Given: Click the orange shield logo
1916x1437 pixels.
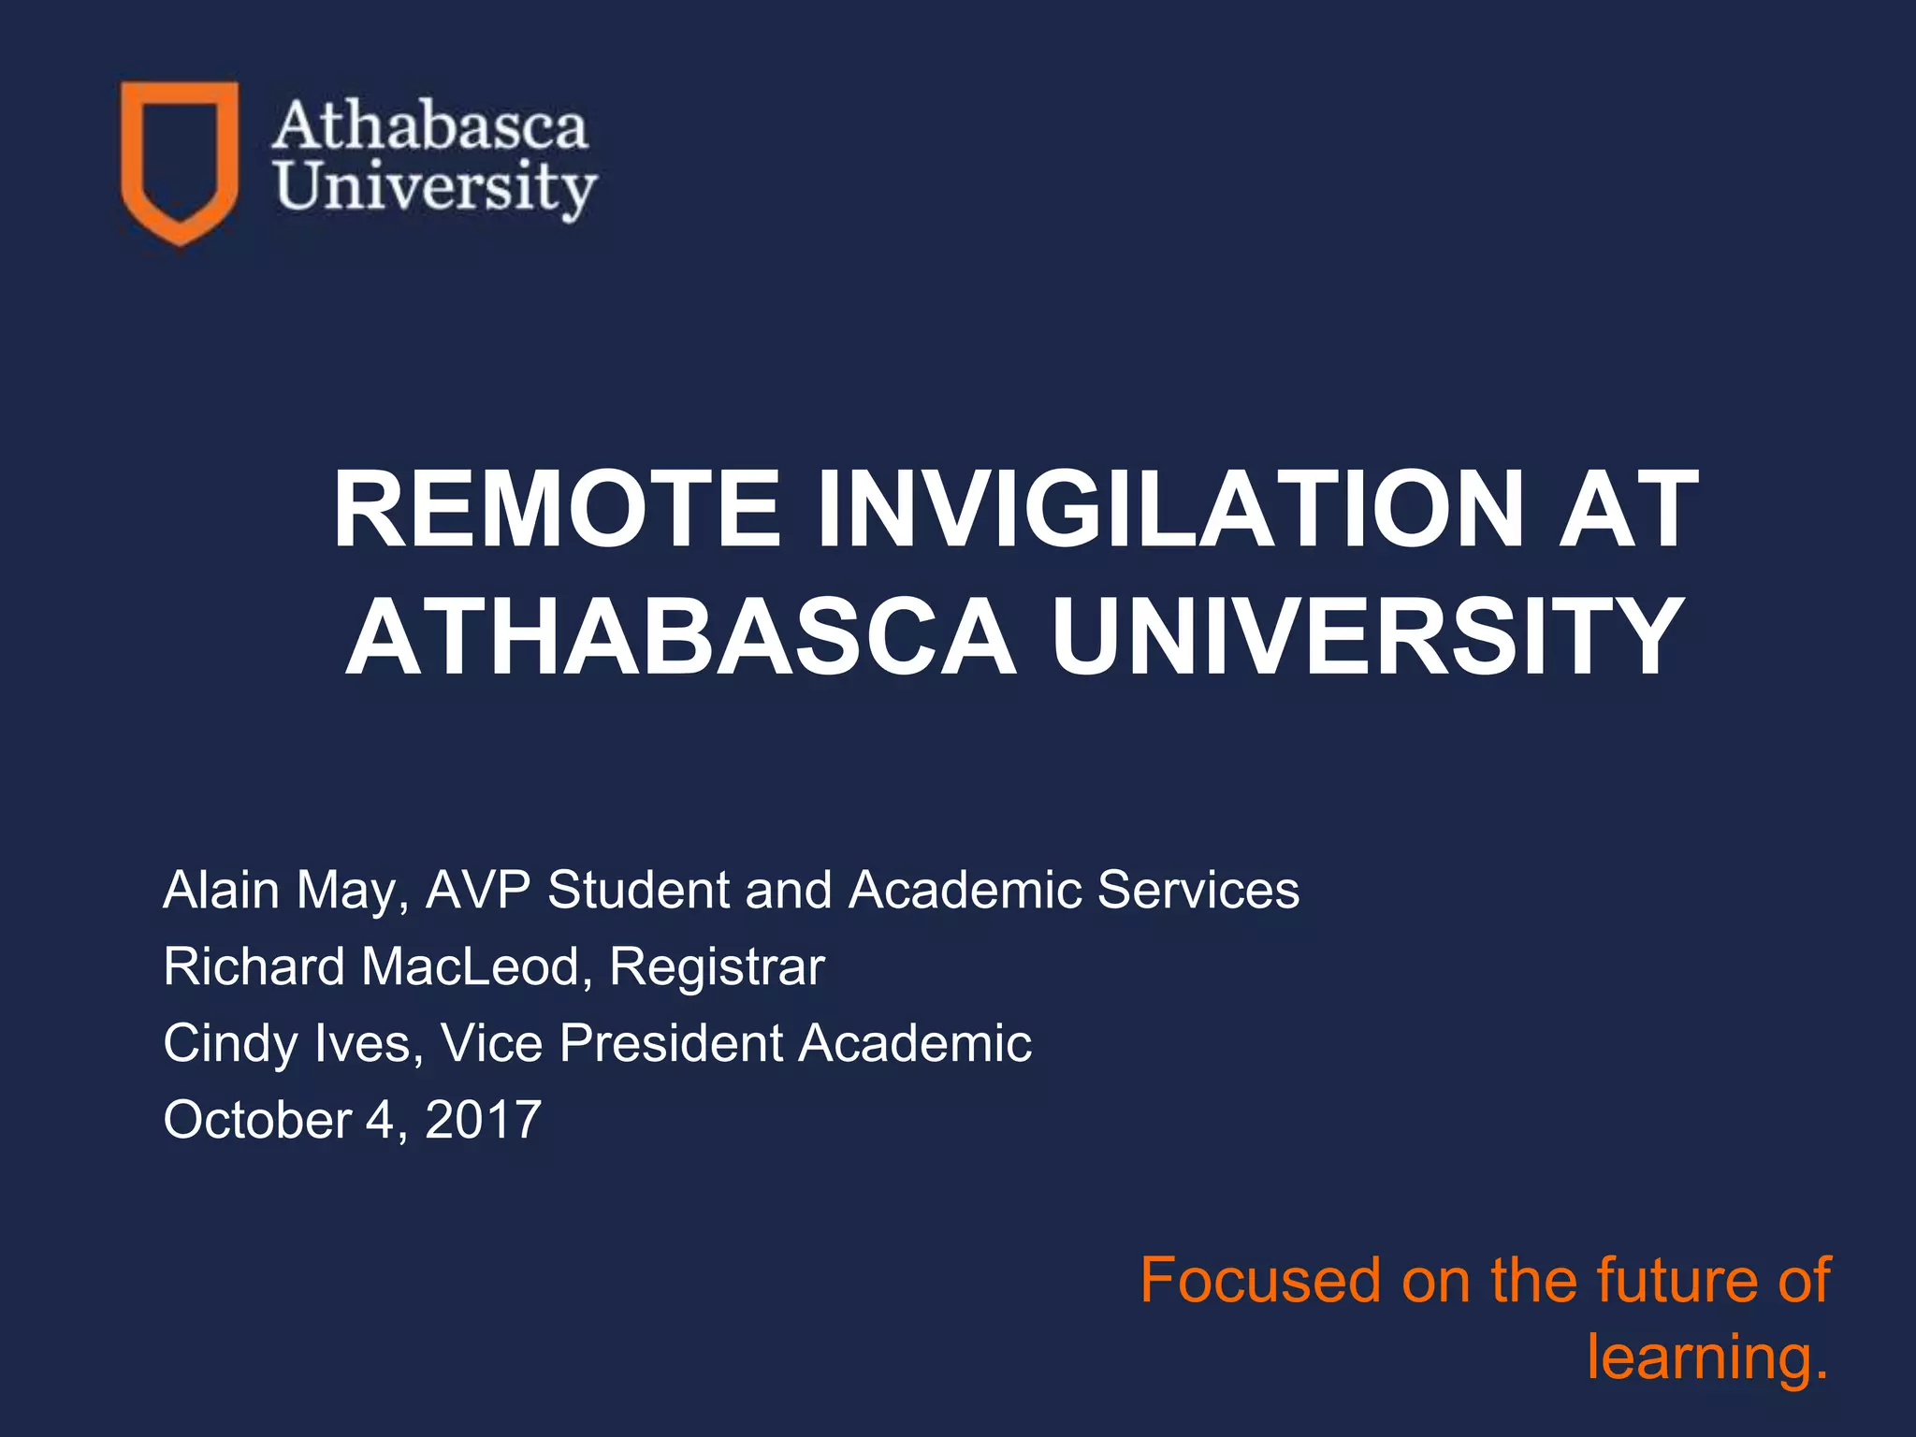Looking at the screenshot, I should (179, 161).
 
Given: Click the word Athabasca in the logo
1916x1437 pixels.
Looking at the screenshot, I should (430, 127).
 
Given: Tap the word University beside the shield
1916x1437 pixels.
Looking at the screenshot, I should (436, 188).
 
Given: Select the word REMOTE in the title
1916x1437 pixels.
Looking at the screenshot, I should (557, 511).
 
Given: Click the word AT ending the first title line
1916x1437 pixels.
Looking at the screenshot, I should (1628, 511).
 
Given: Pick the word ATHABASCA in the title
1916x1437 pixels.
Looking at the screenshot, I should (681, 638).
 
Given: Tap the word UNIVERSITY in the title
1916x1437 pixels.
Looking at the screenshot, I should (1366, 638).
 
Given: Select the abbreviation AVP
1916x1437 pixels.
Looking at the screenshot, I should (479, 890).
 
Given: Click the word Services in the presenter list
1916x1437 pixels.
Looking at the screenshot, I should (1197, 890).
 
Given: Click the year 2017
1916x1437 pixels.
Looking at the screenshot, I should (483, 1120).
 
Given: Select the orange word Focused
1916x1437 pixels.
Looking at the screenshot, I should (1260, 1281).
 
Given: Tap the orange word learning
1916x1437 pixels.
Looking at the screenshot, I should (1706, 1358).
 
